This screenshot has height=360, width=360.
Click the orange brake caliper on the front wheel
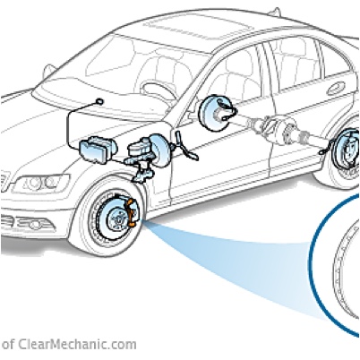point(132,212)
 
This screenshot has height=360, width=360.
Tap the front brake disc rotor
point(116,219)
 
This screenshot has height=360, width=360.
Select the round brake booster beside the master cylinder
point(160,150)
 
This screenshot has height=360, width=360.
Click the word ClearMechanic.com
point(77,345)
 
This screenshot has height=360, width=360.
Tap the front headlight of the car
point(41,183)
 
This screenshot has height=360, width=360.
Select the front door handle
point(335,89)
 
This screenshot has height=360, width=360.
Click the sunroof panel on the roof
point(196,26)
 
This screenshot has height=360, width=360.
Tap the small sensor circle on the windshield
point(100,101)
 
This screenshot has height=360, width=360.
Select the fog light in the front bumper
point(32,223)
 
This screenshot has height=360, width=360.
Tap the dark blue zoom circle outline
point(313,262)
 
